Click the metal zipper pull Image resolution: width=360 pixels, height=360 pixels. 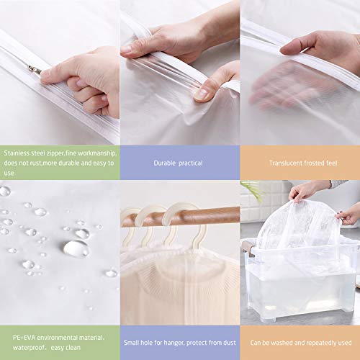[33, 68]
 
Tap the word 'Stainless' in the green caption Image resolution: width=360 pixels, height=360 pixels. [18, 153]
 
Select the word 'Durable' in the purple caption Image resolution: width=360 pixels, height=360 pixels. [165, 163]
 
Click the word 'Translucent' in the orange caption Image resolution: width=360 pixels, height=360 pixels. [286, 163]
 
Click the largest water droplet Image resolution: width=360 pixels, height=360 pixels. [75, 248]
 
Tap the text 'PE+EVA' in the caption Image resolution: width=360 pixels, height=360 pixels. [15, 333]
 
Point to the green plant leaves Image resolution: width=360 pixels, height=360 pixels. [251, 189]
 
